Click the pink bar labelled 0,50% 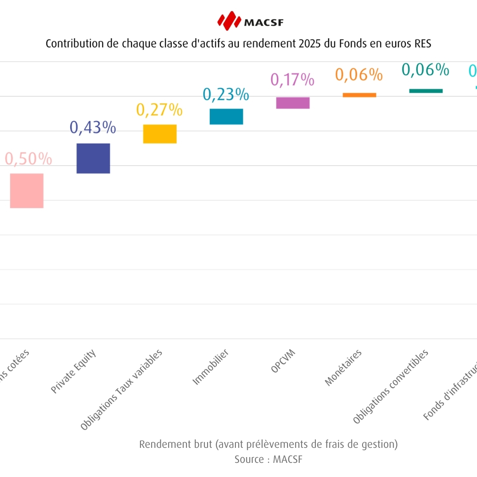pos(26,190)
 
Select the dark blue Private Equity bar pos(93,158)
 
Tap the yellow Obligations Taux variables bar pos(160,134)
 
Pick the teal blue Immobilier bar pos(226,117)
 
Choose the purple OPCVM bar pos(293,103)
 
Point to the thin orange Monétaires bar pos(360,95)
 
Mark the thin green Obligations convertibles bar pos(426,91)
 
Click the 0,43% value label pos(93,128)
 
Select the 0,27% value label pos(159,110)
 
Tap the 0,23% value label pos(226,95)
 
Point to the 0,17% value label pos(292,80)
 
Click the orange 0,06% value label pos(359,75)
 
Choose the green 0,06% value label pos(425,70)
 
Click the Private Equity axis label pos(73,371)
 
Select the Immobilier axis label pos(211,367)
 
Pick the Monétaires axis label pos(343,368)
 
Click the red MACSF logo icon pos(229,21)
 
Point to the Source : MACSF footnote pos(269,459)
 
